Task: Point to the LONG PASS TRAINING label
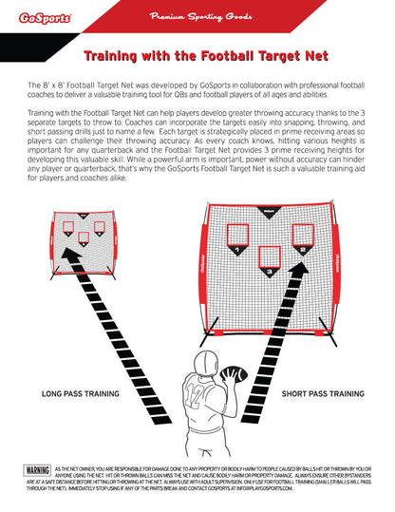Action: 80,392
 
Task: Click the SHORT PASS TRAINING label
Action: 323,392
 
